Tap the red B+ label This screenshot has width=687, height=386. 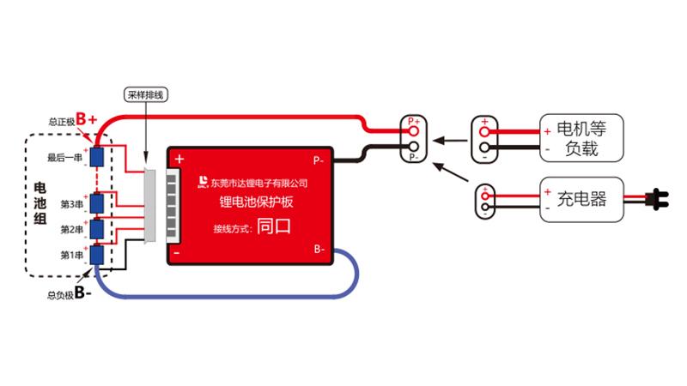[87, 119]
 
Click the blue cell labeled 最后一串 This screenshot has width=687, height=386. [97, 157]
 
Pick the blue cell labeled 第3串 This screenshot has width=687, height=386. [97, 203]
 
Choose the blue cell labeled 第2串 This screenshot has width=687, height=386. [97, 229]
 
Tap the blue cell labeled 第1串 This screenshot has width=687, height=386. [97, 255]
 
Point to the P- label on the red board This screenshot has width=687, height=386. [318, 160]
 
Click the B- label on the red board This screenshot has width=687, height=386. [319, 250]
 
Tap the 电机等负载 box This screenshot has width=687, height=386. [581, 140]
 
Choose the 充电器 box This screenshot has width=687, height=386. [581, 200]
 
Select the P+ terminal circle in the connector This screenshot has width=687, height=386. [413, 132]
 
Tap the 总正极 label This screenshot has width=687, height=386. [61, 122]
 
